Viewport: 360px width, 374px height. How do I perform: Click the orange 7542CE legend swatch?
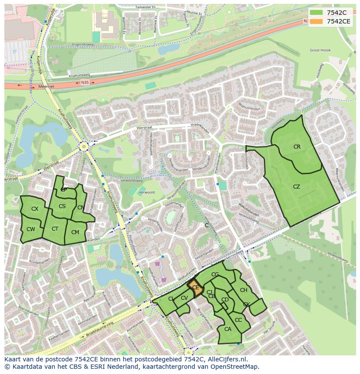tap(317, 21)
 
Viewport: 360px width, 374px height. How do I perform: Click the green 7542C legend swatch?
tap(317, 12)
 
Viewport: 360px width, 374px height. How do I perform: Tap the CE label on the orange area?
tap(196, 288)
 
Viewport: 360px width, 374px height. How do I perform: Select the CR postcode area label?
tap(297, 147)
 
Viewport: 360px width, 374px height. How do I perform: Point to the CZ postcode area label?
tap(297, 187)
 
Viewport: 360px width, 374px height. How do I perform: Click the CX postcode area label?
tap(35, 209)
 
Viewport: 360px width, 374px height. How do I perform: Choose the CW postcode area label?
tap(30, 229)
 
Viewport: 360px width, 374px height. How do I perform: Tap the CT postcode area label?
tap(55, 229)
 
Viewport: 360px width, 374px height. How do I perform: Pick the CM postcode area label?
tap(75, 232)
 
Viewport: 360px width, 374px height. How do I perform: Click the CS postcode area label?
tap(62, 206)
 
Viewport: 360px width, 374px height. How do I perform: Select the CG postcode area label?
tap(215, 275)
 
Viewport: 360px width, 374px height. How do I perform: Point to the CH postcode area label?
tap(243, 290)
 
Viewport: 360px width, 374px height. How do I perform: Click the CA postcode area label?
tap(228, 329)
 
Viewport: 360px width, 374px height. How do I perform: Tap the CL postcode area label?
tap(171, 299)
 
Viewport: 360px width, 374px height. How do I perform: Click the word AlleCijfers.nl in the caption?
tap(226, 360)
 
